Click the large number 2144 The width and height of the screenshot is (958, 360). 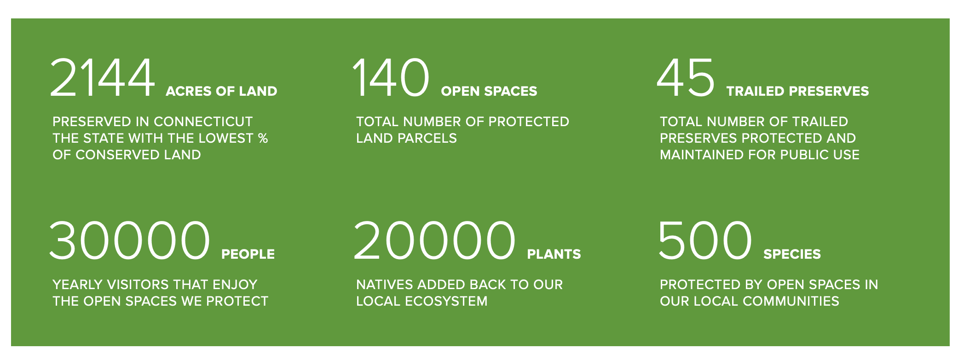click(x=102, y=77)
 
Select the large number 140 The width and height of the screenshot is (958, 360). click(x=391, y=77)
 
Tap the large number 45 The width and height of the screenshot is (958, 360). click(x=686, y=77)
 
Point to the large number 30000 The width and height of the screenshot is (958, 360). click(x=129, y=240)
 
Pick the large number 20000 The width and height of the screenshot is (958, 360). click(x=434, y=240)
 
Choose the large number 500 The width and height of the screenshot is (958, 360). click(x=705, y=240)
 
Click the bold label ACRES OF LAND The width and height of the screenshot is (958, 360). click(x=221, y=91)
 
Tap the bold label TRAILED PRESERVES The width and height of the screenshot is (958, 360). click(x=798, y=91)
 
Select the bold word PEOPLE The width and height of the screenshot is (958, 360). click(x=248, y=254)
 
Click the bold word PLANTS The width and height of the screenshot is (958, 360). click(x=554, y=254)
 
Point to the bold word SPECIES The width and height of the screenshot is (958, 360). click(x=792, y=254)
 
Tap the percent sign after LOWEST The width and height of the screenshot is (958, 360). click(x=263, y=138)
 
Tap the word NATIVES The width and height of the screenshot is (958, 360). click(x=382, y=285)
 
